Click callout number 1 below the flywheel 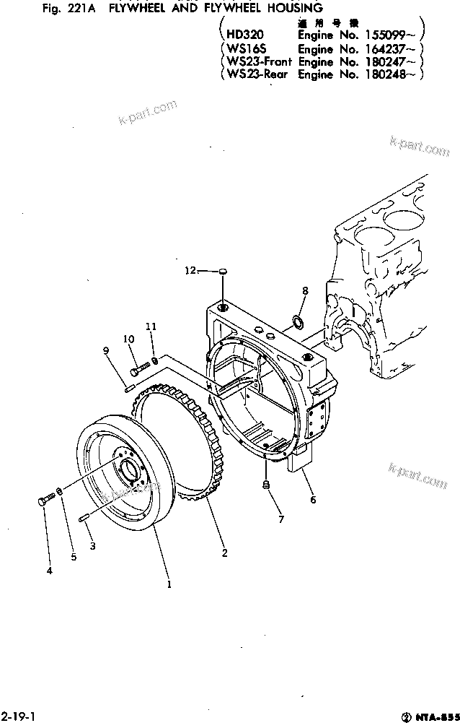coord(169,584)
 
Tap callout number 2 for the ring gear coord(224,553)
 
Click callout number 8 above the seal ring coord(305,290)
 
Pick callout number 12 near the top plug coord(190,271)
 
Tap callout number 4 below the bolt coord(49,571)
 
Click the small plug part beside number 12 coord(223,272)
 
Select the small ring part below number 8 coord(298,319)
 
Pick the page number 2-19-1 coord(18,715)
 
